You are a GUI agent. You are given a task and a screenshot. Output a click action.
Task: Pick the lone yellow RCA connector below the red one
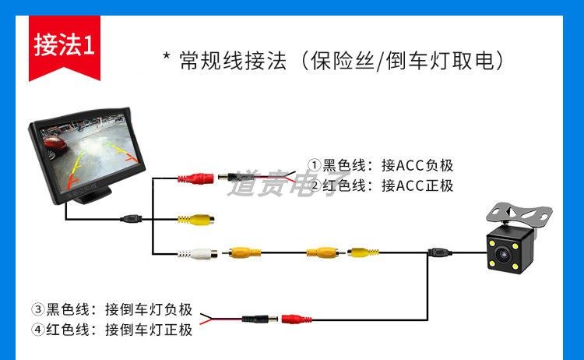point(193,219)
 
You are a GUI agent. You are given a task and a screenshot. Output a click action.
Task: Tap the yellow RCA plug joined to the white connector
point(242,252)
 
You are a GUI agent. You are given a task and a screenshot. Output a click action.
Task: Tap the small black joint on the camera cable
point(438,252)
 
